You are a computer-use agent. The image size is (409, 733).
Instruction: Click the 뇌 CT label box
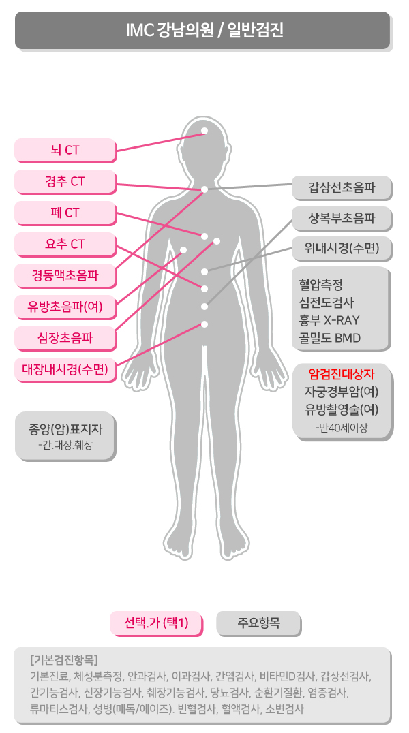pyautogui.click(x=65, y=150)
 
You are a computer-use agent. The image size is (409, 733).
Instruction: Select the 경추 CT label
pyautogui.click(x=65, y=181)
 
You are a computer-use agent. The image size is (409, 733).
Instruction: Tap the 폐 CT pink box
pyautogui.click(x=65, y=213)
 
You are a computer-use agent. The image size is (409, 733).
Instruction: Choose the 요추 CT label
pyautogui.click(x=65, y=244)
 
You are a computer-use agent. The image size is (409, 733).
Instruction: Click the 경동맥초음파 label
pyautogui.click(x=65, y=275)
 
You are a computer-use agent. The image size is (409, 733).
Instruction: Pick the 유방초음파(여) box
pyautogui.click(x=65, y=307)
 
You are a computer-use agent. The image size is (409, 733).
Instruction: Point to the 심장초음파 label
pyautogui.click(x=65, y=337)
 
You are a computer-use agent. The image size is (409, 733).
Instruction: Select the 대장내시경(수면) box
pyautogui.click(x=65, y=369)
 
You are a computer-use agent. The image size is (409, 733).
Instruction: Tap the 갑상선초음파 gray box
pyautogui.click(x=341, y=187)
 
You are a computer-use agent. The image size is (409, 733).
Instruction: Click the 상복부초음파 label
pyautogui.click(x=341, y=218)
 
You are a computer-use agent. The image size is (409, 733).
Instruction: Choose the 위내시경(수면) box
pyautogui.click(x=341, y=248)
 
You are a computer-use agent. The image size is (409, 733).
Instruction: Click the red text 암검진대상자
pyautogui.click(x=342, y=373)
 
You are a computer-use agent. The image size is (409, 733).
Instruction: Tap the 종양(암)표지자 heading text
pyautogui.click(x=65, y=429)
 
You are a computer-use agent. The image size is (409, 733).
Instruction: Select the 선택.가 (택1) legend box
pyautogui.click(x=156, y=623)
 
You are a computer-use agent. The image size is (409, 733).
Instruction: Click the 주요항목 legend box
pyautogui.click(x=258, y=623)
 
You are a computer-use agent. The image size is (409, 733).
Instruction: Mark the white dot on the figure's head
pyautogui.click(x=204, y=130)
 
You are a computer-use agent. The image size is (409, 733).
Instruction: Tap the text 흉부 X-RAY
pyautogui.click(x=329, y=319)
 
